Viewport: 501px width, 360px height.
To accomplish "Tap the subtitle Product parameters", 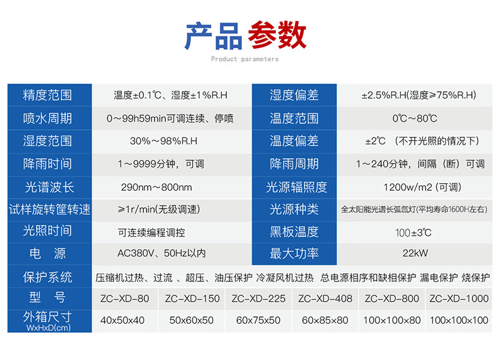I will click(x=244, y=60).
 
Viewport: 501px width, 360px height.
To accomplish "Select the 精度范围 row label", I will click(x=48, y=95).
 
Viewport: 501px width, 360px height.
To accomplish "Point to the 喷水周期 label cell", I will click(x=48, y=118).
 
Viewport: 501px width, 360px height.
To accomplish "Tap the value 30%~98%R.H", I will click(x=164, y=141).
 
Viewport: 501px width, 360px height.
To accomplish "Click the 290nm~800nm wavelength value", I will click(x=156, y=187).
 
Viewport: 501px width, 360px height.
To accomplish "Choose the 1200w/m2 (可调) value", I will click(x=422, y=187).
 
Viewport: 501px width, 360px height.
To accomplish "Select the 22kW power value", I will click(x=415, y=254).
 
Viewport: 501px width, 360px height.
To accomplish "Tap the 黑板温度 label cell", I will click(x=294, y=231).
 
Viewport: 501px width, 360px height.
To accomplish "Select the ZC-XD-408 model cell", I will click(x=326, y=299).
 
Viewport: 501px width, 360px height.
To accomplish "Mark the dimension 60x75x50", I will click(x=258, y=321).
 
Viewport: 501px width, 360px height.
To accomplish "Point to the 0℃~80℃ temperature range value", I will click(x=415, y=118).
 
